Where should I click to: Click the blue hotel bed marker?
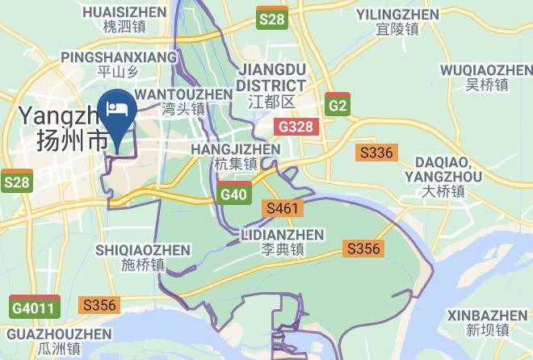coord(119,111)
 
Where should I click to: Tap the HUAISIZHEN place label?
coord(124,19)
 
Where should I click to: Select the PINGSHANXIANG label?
coord(119,65)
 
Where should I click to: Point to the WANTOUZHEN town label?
coord(183,101)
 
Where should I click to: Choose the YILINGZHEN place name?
coord(397,22)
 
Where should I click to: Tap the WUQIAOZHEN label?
coord(486,77)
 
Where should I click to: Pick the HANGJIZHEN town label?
coord(235,156)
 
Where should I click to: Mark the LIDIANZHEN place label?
coord(283,241)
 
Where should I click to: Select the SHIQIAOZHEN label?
coord(142,257)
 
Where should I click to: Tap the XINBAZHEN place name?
coord(488,321)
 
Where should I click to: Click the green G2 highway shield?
coord(338,105)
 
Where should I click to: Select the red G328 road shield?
coord(297,127)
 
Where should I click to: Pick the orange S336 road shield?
coord(376,152)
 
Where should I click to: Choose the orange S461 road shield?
coord(283,209)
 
